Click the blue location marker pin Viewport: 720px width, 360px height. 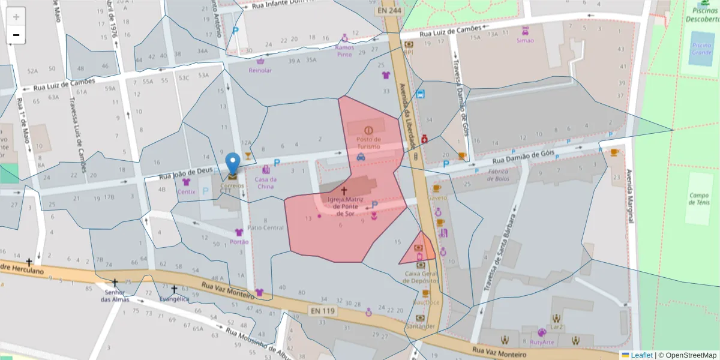coord(232,163)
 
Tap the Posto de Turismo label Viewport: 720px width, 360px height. coord(368,143)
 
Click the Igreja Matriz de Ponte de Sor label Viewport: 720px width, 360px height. coord(344,206)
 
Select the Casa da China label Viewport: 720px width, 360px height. coord(265,182)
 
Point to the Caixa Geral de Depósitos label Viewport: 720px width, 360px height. coord(421,277)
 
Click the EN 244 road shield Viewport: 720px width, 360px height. coord(390,10)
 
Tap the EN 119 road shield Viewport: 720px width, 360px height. coord(323,311)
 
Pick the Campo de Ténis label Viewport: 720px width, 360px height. coord(698,199)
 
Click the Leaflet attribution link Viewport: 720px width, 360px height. coord(641,355)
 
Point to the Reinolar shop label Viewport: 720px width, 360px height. coord(260,70)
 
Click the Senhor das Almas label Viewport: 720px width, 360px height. coord(115,295)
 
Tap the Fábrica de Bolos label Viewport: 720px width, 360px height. coord(498,175)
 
